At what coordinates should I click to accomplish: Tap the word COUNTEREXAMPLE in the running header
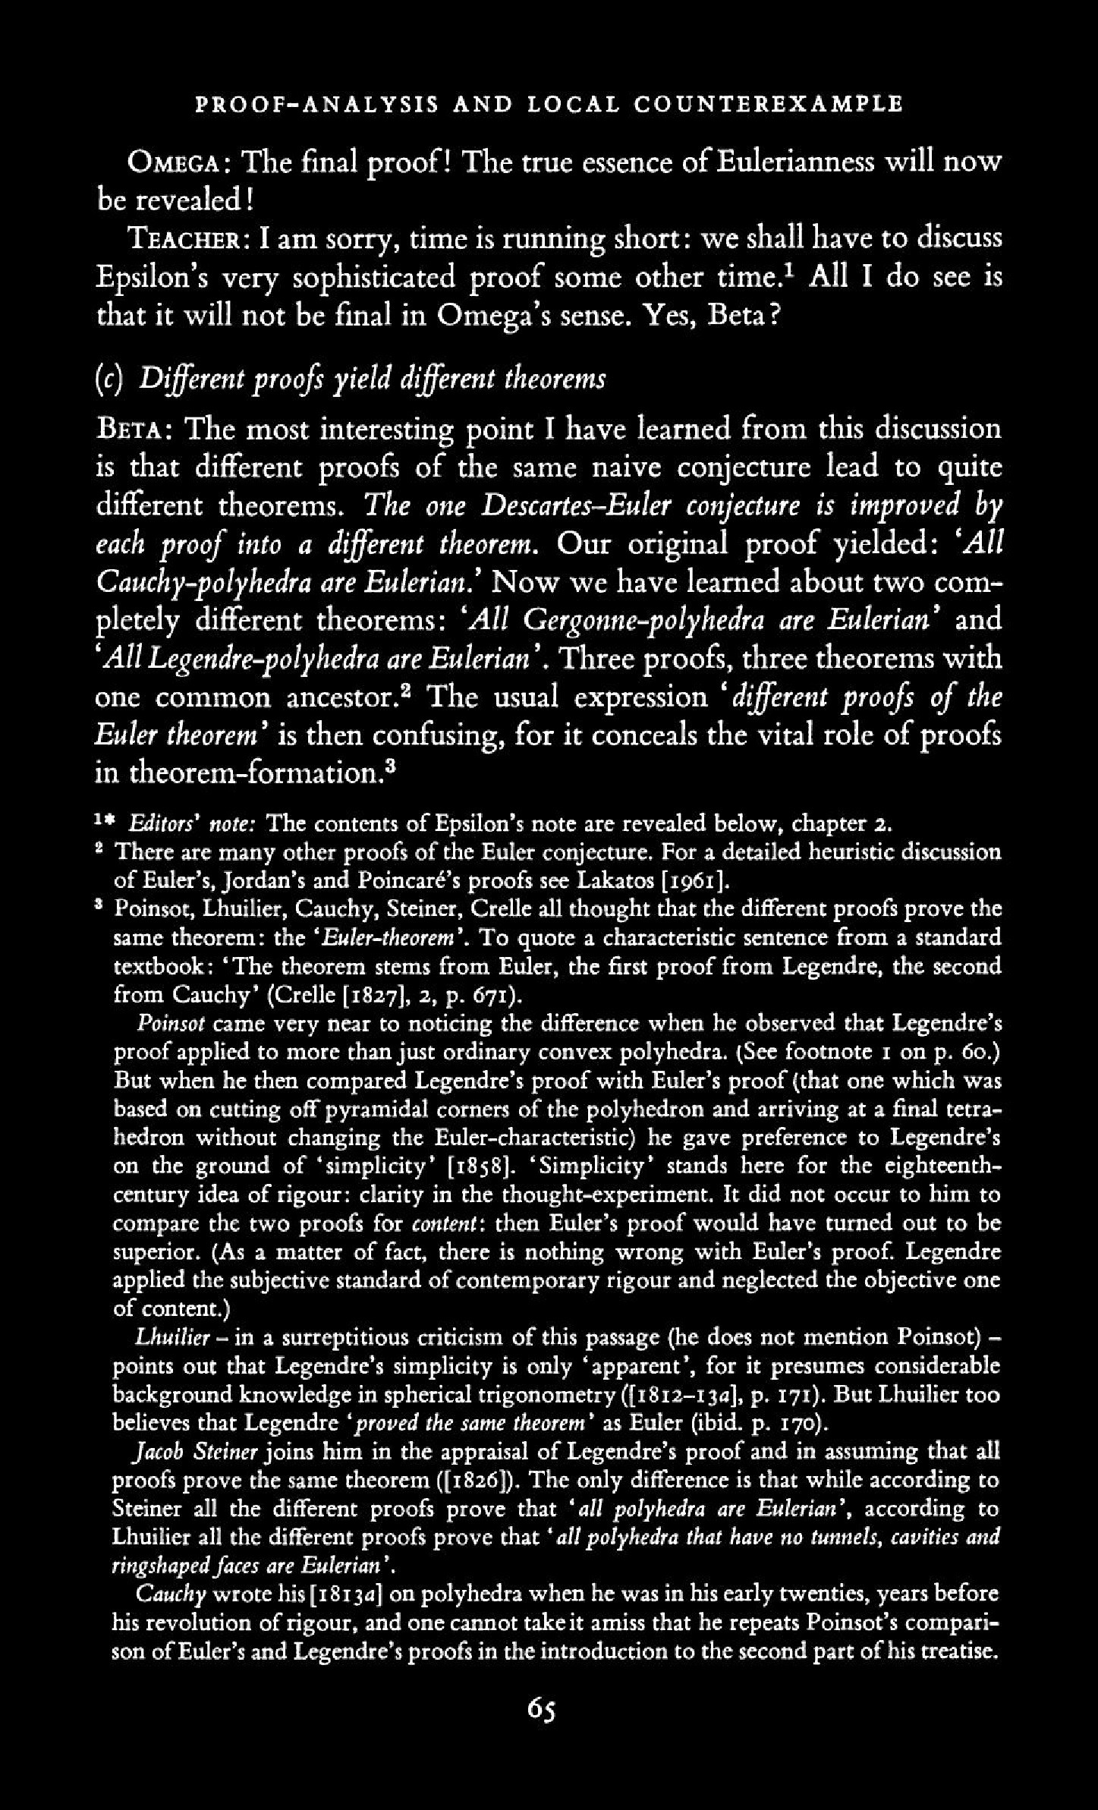click(x=769, y=103)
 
